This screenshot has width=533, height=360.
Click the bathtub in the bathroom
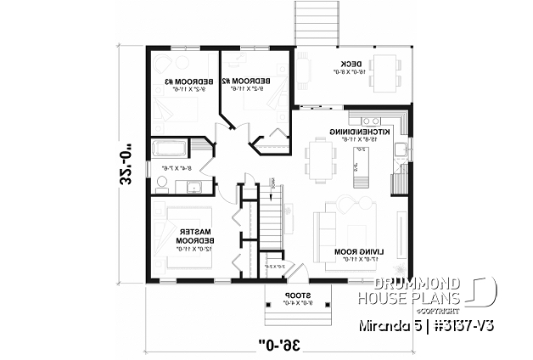(171, 149)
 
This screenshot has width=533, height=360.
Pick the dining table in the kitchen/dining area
(322, 160)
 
